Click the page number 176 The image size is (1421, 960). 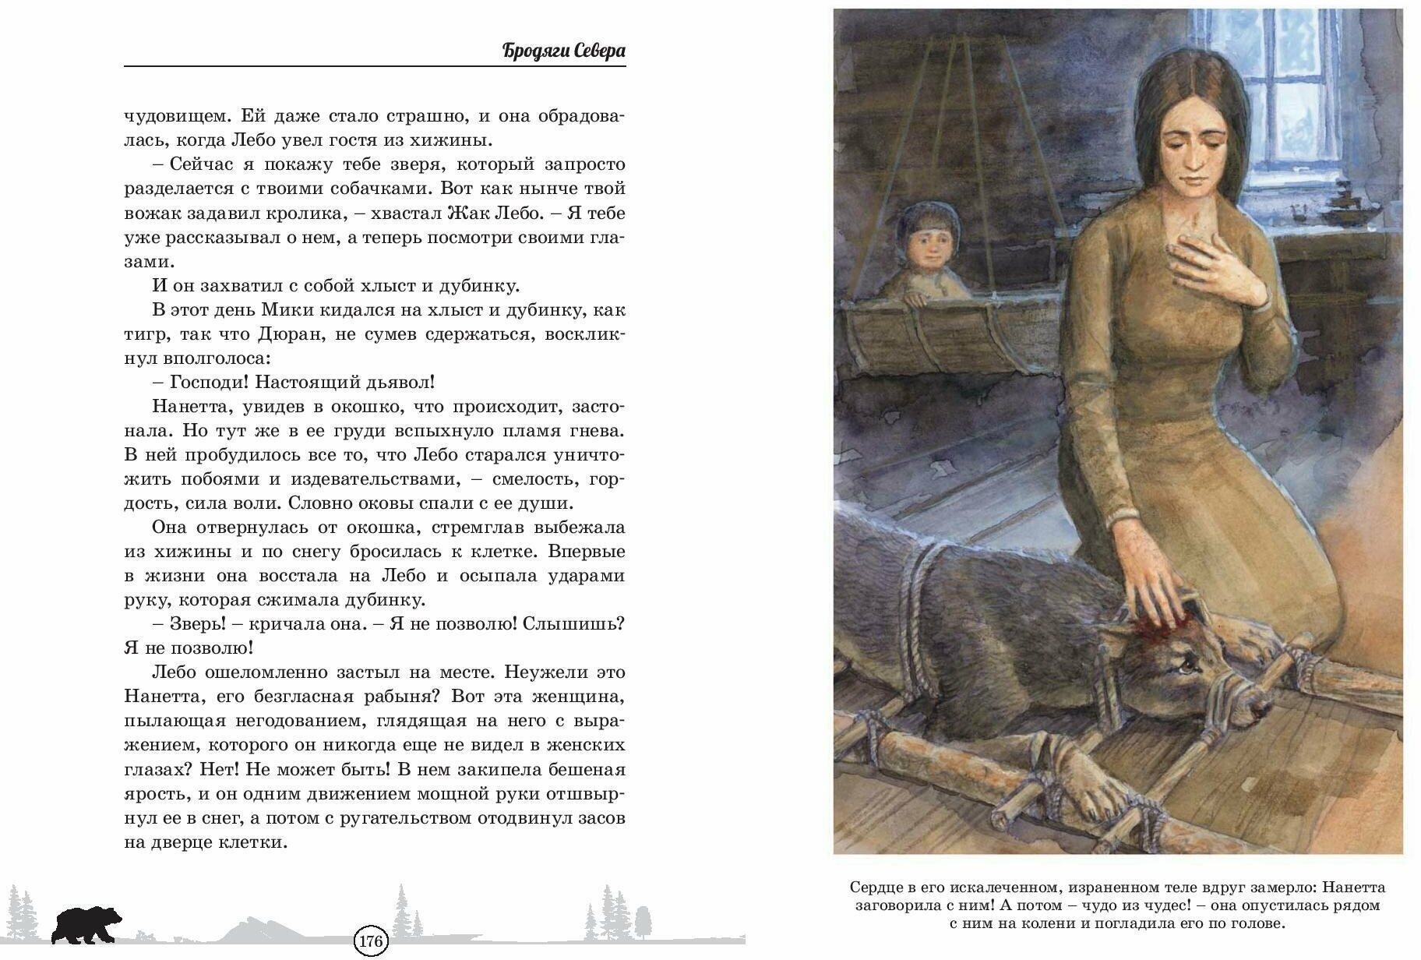point(370,941)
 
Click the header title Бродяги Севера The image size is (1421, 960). point(564,51)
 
